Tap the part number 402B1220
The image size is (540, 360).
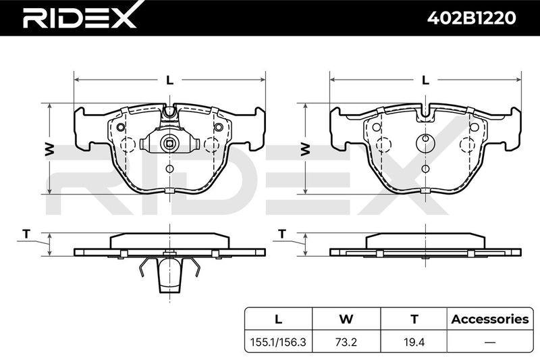(x=471, y=18)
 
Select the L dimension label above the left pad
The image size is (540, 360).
(x=169, y=80)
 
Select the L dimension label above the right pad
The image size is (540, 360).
(x=426, y=80)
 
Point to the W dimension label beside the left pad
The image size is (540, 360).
(x=49, y=149)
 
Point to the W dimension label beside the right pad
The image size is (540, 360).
(x=306, y=149)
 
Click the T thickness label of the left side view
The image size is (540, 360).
(x=26, y=234)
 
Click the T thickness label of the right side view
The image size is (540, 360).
(x=282, y=234)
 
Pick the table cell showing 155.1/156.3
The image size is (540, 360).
(x=278, y=342)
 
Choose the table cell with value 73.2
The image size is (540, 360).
(x=346, y=342)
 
